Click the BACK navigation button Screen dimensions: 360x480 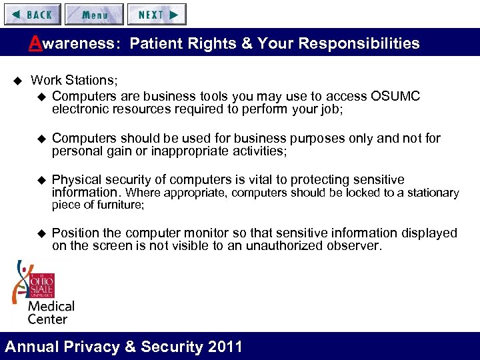32,14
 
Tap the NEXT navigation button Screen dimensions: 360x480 157,14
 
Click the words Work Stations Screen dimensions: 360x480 73,80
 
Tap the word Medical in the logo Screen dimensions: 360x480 51,307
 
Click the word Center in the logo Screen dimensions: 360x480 47,319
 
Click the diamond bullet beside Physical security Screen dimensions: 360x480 43,180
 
